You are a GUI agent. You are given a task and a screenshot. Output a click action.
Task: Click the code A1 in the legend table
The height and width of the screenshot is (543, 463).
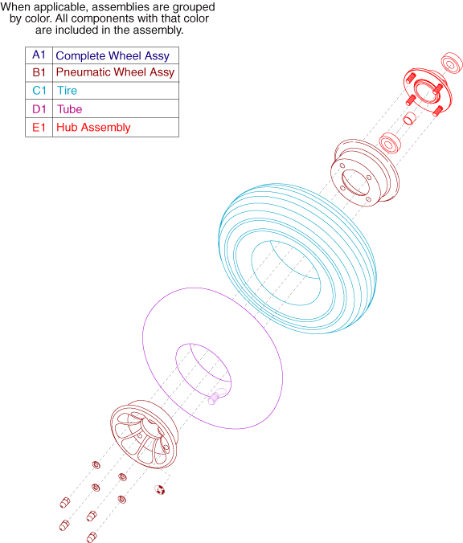(x=39, y=55)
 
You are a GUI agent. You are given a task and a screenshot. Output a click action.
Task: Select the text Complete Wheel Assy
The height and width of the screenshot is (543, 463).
(x=113, y=55)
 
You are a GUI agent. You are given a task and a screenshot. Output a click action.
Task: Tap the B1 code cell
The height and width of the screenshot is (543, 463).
(x=39, y=72)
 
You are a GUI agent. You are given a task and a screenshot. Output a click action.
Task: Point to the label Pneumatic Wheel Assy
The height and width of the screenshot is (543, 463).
(x=115, y=72)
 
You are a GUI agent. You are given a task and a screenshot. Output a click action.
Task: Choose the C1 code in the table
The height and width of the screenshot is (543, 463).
(x=39, y=91)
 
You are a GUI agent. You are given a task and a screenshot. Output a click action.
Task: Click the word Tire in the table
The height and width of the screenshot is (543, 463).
(x=67, y=91)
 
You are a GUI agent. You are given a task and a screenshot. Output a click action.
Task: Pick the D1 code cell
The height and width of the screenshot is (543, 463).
(x=39, y=109)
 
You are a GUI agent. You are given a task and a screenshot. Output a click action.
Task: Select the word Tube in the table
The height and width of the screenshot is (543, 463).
(x=70, y=109)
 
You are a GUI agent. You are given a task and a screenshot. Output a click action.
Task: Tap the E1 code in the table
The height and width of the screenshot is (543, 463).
(x=39, y=128)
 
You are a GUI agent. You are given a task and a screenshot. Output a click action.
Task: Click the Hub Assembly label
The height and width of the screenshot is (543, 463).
(x=93, y=128)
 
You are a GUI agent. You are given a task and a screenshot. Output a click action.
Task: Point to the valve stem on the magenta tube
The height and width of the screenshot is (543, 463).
(x=215, y=397)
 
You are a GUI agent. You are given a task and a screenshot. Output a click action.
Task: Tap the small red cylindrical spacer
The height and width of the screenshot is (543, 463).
(x=410, y=118)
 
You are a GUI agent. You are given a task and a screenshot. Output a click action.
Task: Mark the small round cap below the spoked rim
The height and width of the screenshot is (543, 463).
(x=159, y=490)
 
